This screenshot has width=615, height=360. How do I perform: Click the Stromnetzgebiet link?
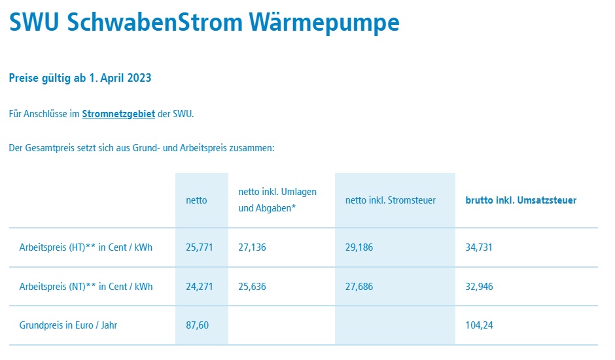pyautogui.click(x=118, y=114)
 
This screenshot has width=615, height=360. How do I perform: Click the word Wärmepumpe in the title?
pyautogui.click(x=324, y=22)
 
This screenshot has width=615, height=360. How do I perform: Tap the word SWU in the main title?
pyautogui.click(x=34, y=22)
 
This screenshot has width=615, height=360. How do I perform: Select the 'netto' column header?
pyautogui.click(x=196, y=200)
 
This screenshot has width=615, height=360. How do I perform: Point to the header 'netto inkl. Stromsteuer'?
pyautogui.click(x=390, y=200)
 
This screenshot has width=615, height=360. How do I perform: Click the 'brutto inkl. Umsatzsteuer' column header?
pyautogui.click(x=521, y=200)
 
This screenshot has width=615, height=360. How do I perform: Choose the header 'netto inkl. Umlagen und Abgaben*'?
pyautogui.click(x=277, y=200)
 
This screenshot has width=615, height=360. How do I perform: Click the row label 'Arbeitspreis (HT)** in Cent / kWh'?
pyautogui.click(x=86, y=247)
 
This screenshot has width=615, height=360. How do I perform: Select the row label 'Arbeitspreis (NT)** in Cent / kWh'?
pyautogui.click(x=86, y=287)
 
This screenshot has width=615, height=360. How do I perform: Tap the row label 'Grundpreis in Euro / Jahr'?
pyautogui.click(x=68, y=325)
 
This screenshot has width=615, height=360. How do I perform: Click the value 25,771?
pyautogui.click(x=200, y=247)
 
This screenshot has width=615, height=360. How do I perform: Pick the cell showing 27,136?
pyautogui.click(x=252, y=247)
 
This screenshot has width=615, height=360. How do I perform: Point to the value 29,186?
pyautogui.click(x=359, y=247)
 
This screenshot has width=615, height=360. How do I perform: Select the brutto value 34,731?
pyautogui.click(x=478, y=247)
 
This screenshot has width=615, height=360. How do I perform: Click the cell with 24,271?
pyautogui.click(x=200, y=287)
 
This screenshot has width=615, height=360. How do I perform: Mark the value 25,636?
pyautogui.click(x=252, y=287)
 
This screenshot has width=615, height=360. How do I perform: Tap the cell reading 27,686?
pyautogui.click(x=359, y=287)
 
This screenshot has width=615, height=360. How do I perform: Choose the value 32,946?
pyautogui.click(x=479, y=287)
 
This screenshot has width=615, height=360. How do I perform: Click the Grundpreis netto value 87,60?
pyautogui.click(x=198, y=325)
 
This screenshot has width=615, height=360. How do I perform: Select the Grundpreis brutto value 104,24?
pyautogui.click(x=479, y=325)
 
